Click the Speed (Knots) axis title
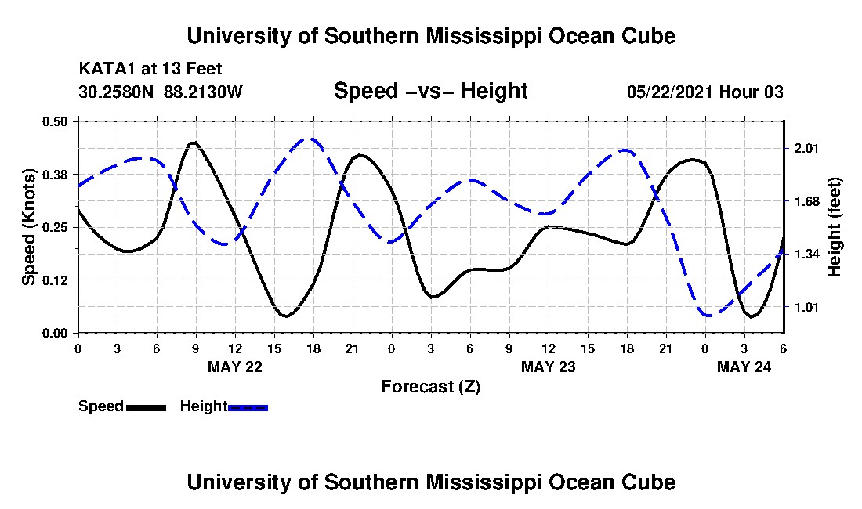[x=29, y=226]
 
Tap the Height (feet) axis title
[x=834, y=227]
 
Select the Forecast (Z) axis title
[x=430, y=386]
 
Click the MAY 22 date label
[x=234, y=366]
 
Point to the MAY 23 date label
[x=548, y=366]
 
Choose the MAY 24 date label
[x=744, y=366]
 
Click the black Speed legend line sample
[x=146, y=407]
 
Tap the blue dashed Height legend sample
[x=248, y=407]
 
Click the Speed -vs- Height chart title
[x=430, y=91]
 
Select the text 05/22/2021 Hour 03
[x=704, y=92]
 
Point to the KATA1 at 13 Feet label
[x=144, y=69]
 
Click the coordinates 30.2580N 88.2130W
[x=161, y=92]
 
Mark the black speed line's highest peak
[x=194, y=143]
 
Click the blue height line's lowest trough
[x=708, y=316]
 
